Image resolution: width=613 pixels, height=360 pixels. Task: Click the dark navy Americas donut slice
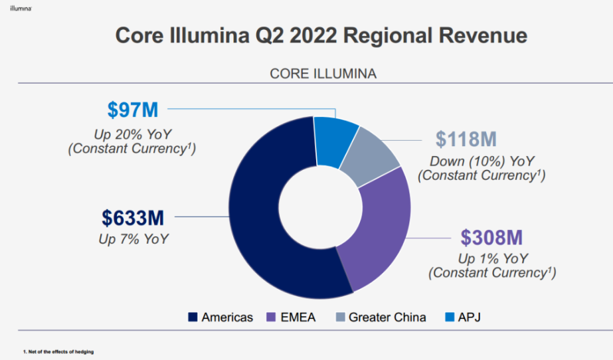(256, 219)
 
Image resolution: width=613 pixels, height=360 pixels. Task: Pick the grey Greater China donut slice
(375, 149)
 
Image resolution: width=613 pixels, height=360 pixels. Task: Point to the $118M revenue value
(466, 139)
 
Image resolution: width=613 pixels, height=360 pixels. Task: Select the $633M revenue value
(133, 217)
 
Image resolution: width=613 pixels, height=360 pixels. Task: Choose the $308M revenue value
(491, 237)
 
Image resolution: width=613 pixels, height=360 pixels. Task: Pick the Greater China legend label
(387, 317)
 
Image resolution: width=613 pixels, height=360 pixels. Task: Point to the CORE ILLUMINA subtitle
(323, 74)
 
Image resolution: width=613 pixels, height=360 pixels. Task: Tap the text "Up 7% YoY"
(133, 238)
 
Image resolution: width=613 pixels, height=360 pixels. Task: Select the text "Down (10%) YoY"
(482, 161)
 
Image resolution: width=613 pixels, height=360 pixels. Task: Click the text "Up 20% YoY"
(131, 133)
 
